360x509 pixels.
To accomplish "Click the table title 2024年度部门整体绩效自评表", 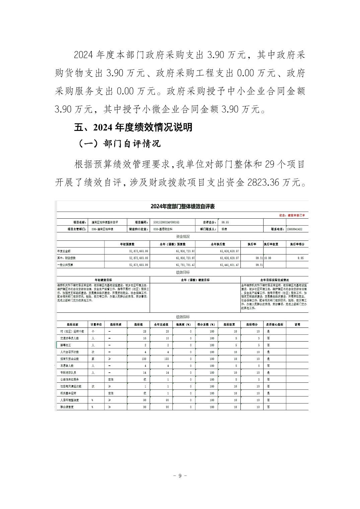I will point(182,206).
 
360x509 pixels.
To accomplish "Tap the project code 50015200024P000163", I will point(166,222).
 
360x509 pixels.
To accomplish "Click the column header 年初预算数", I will point(129,244).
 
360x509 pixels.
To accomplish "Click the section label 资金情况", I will point(182,237).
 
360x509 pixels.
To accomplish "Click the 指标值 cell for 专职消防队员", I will point(144,373).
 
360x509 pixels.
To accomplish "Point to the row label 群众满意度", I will point(67,407).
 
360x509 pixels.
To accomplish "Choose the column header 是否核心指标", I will point(274,324).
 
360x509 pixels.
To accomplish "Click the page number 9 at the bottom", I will point(180,476).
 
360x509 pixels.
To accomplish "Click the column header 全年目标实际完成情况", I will point(274,280).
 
